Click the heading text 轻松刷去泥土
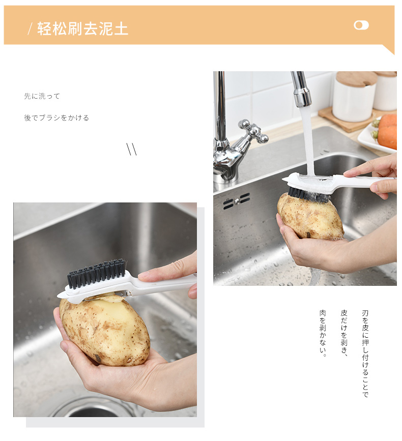(83, 28)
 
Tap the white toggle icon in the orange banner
(361, 25)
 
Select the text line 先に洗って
(42, 96)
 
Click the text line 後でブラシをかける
(56, 117)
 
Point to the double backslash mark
(132, 149)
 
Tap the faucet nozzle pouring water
(302, 90)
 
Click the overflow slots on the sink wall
(237, 201)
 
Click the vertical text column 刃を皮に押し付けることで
(365, 354)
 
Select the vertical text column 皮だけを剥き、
(344, 333)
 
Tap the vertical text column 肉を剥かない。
(323, 333)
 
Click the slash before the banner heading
(31, 29)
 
